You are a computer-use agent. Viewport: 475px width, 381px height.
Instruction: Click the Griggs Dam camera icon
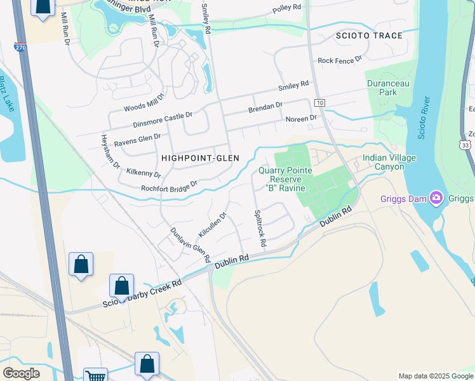[436, 197]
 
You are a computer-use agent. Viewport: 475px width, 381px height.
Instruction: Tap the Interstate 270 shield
[21, 47]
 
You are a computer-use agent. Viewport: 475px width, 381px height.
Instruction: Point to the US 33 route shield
[467, 146]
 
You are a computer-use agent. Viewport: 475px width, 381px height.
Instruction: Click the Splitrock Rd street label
[260, 229]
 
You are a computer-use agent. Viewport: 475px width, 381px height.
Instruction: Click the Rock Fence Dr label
[340, 60]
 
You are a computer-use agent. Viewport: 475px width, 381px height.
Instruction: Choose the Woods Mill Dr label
[144, 100]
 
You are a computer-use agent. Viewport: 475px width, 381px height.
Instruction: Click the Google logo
[21, 373]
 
